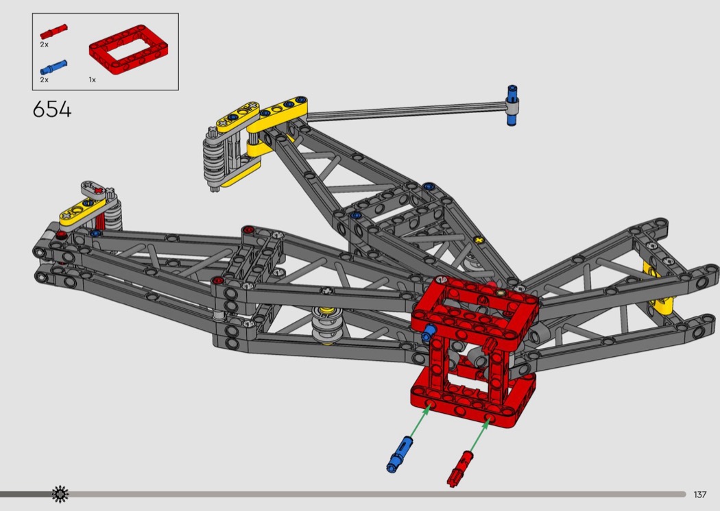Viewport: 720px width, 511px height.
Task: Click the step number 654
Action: (52, 110)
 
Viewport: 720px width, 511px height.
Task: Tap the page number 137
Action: (700, 495)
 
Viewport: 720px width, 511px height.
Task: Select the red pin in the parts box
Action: (53, 32)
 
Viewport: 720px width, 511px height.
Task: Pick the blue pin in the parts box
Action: (53, 67)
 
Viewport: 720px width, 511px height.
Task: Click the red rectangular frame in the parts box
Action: (129, 49)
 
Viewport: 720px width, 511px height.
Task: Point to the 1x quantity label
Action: (93, 80)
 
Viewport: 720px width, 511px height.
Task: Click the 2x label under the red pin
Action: (44, 45)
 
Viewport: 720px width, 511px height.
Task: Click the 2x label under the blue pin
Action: (44, 80)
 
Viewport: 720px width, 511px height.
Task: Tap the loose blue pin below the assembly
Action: (400, 454)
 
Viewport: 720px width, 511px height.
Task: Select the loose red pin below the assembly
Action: (460, 469)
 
